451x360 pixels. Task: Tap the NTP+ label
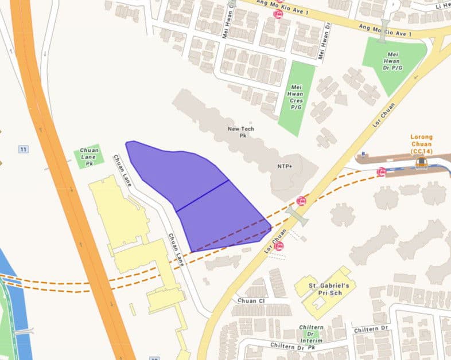285,166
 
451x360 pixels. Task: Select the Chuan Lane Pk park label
90,156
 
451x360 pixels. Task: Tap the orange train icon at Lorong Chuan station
422,163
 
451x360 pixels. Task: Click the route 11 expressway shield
24,150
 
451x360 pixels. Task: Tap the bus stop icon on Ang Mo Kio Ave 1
278,14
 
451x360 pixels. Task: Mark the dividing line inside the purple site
203,195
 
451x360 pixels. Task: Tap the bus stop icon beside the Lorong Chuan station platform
381,171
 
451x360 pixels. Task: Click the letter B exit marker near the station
363,154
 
